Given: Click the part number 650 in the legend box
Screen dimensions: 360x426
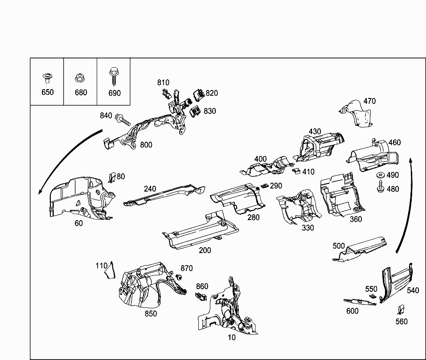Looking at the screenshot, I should pos(47,92).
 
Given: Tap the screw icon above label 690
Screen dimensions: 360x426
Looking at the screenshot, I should pos(113,77).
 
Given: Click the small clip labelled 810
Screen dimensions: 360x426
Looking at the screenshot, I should pos(166,93).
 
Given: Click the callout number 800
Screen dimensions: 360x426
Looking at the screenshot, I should pos(146,144).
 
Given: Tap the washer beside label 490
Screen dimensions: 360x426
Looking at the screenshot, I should pos(381,175).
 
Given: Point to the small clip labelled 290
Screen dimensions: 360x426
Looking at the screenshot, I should pos(264,186).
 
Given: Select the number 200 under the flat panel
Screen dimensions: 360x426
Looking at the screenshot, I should pos(205,250).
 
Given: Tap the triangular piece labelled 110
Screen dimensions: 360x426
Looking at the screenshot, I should pos(110,270).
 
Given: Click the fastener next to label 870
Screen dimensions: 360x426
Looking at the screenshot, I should pos(179,278).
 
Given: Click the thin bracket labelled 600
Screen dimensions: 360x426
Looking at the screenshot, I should pos(360,302).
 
